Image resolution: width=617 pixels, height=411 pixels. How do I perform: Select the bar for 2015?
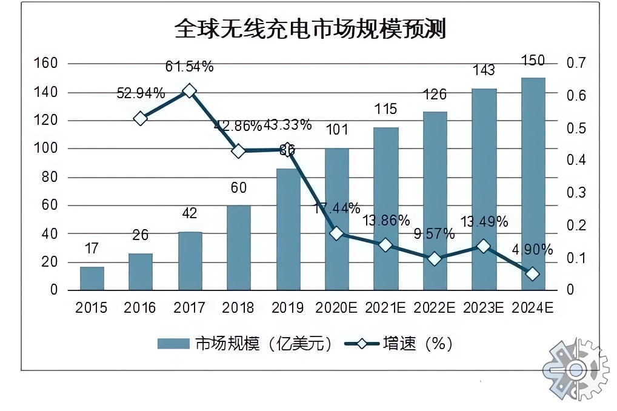click(92, 278)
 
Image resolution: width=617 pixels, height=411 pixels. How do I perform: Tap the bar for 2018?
click(239, 247)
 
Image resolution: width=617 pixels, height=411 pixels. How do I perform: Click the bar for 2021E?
click(385, 209)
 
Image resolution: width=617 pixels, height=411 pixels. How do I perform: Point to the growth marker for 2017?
click(189, 91)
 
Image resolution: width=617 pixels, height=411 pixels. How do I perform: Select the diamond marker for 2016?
click(141, 118)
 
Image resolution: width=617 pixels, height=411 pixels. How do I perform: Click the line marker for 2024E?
click(533, 274)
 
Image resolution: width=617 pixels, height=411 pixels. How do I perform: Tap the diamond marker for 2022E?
click(435, 259)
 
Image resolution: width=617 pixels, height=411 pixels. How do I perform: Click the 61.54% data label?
click(189, 67)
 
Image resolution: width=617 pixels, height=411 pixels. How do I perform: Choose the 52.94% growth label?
click(141, 93)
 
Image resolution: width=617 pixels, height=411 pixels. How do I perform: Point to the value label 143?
click(484, 70)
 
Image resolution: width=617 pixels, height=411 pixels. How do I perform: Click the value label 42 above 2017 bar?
click(190, 213)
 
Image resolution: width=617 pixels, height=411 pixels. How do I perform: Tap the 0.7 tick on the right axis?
click(575, 63)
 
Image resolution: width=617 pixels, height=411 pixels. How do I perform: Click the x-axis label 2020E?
click(336, 308)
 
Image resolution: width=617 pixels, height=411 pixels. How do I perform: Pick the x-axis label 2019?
click(287, 308)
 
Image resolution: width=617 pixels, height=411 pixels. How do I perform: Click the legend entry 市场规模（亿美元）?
click(245, 344)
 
